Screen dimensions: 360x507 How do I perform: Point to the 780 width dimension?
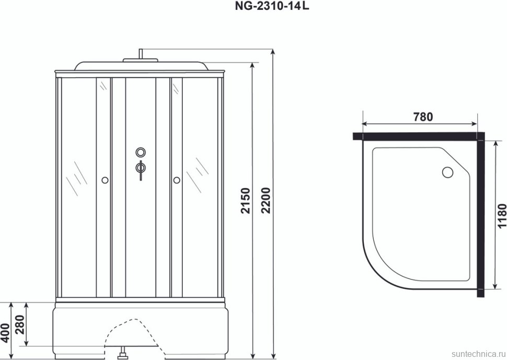(422, 117)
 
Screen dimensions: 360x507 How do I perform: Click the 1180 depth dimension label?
(501, 216)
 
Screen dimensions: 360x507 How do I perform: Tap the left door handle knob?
(105, 180)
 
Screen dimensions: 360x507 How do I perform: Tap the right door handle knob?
(176, 180)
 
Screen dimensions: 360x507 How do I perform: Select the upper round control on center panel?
(140, 152)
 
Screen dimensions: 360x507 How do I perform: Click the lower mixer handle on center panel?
(140, 168)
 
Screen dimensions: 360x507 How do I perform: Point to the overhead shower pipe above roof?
(140, 54)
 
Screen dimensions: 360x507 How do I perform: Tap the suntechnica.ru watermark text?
(476, 354)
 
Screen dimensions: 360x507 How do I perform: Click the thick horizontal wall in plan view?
(418, 136)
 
